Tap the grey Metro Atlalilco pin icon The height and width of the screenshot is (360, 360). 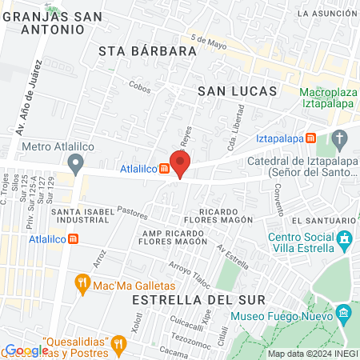point(76,164)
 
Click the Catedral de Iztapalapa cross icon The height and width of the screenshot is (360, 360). point(340,142)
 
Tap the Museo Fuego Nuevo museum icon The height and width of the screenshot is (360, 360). point(344,312)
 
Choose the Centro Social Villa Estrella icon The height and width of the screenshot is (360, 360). point(345,239)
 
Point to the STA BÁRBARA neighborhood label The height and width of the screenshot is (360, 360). point(147,51)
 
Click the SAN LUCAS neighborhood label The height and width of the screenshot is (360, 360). point(237,91)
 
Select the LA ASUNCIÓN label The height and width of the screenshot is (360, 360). point(325,14)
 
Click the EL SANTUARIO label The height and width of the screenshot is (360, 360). point(320,220)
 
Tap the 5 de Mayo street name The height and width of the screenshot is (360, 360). point(210,42)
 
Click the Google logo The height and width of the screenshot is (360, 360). point(26,350)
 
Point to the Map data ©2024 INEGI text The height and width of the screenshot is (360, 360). point(312,354)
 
